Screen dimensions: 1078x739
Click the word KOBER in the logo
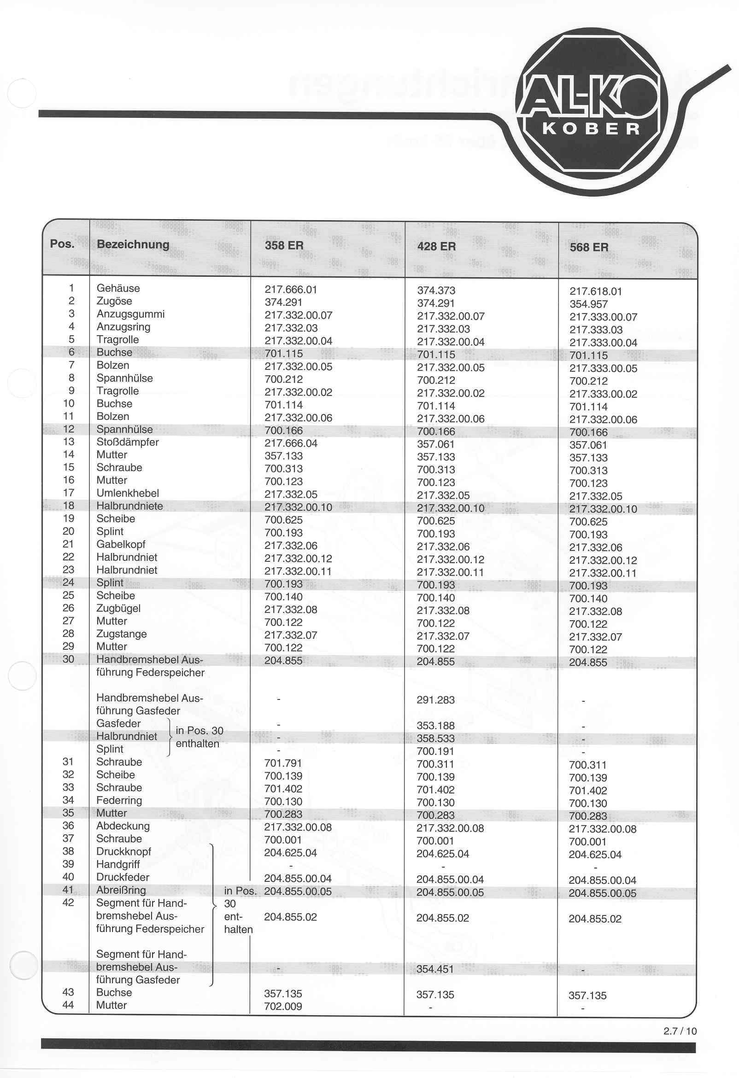click(592, 128)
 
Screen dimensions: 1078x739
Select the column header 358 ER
click(284, 245)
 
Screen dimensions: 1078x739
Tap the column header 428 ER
click(436, 246)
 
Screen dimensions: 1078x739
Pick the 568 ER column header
click(589, 247)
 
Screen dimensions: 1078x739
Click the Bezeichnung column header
click(133, 245)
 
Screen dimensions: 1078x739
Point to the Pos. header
click(62, 244)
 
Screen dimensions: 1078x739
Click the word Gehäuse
click(118, 288)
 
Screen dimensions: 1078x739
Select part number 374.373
click(436, 291)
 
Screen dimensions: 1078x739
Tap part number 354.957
click(588, 304)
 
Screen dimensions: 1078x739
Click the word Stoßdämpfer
click(127, 442)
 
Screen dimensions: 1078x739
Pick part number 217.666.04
click(291, 443)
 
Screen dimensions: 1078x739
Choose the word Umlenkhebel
click(127, 493)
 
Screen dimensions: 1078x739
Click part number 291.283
click(435, 700)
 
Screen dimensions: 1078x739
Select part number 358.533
click(435, 739)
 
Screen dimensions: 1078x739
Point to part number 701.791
click(283, 763)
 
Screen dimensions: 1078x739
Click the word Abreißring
click(121, 890)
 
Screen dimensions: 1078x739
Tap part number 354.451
click(435, 969)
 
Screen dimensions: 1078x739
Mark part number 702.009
click(283, 1007)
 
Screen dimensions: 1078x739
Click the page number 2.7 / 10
click(680, 1031)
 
